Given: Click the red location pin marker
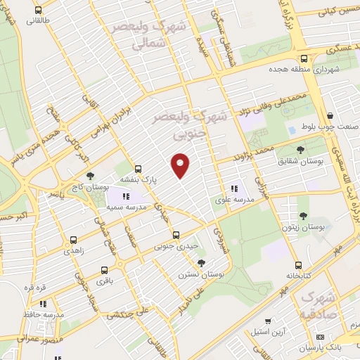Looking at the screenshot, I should pyautogui.click(x=181, y=165).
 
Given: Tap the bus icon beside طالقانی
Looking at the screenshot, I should pyautogui.click(x=37, y=11).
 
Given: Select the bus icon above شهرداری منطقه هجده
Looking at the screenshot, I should pyautogui.click(x=304, y=59).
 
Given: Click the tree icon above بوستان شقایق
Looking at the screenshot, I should pyautogui.click(x=300, y=150).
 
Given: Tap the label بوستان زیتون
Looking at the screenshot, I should pyautogui.click(x=307, y=227).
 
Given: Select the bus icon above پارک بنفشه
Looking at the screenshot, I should pyautogui.click(x=138, y=169).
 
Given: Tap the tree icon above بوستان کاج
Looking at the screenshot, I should pyautogui.click(x=89, y=175).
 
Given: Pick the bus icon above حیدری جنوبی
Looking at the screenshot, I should pyautogui.click(x=176, y=236).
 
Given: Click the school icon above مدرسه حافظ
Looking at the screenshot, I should pyautogui.click(x=43, y=304).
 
